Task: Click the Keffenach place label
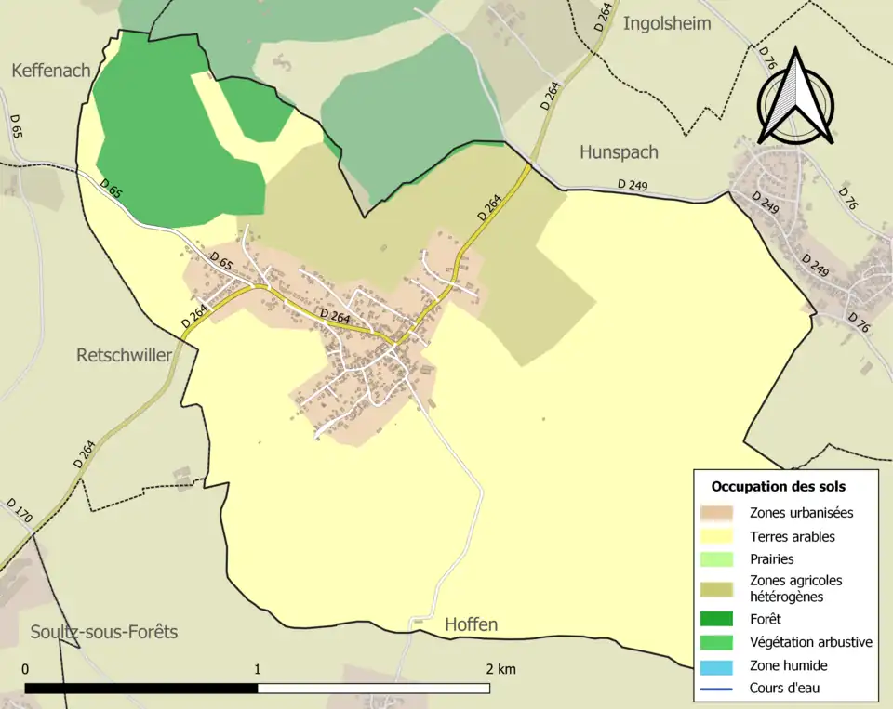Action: click(x=51, y=71)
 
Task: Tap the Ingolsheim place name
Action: click(x=667, y=23)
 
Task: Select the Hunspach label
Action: click(x=619, y=151)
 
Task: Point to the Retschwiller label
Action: click(x=124, y=355)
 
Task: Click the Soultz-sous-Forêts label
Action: click(x=103, y=632)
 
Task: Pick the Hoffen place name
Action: click(x=471, y=624)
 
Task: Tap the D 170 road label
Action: click(x=19, y=511)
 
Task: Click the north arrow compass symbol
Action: click(x=795, y=98)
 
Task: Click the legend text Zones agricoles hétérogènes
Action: click(x=795, y=588)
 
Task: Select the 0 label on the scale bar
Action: click(x=25, y=669)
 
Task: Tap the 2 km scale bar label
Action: click(x=500, y=669)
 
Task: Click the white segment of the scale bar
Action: click(x=373, y=689)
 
